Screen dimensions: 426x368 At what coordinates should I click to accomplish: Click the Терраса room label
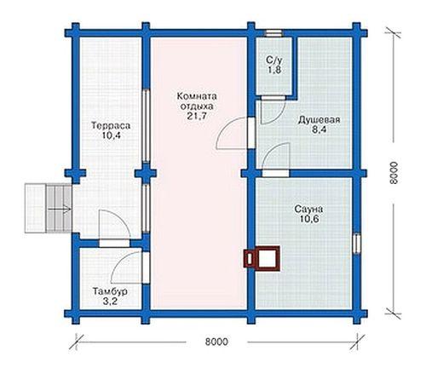[x=111, y=125]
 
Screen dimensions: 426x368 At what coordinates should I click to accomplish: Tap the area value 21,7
[x=197, y=116]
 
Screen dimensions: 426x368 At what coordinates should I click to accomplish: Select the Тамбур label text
[x=110, y=291]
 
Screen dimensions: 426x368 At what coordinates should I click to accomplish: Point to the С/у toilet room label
[x=274, y=60]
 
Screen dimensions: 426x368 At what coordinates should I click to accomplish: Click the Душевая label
[x=319, y=120]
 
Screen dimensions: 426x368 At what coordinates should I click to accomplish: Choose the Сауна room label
[x=308, y=210]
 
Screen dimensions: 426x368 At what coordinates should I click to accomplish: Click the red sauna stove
[x=262, y=258]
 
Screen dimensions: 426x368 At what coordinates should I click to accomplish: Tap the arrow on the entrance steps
[x=60, y=210]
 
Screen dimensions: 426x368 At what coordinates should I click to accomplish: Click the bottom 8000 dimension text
[x=216, y=342]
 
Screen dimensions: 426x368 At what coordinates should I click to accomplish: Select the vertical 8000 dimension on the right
[x=394, y=173]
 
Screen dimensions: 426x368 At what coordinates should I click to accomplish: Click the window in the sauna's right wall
[x=357, y=244]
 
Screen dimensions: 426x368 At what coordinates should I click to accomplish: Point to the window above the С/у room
[x=273, y=33]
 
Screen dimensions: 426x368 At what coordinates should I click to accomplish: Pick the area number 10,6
[x=308, y=219]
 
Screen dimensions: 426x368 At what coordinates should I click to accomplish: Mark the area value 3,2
[x=110, y=302]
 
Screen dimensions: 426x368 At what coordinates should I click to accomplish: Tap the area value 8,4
[x=319, y=129]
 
